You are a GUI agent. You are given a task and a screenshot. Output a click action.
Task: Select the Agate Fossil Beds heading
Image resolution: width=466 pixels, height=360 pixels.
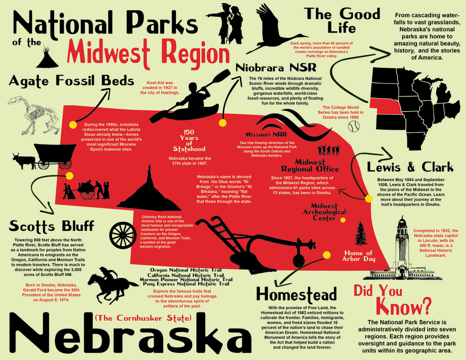pos(71,81)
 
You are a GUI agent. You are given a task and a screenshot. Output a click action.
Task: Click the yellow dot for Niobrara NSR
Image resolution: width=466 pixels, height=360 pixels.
pos(223,123)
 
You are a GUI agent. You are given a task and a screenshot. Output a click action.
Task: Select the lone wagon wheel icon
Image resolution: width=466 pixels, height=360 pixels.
pos(122,234)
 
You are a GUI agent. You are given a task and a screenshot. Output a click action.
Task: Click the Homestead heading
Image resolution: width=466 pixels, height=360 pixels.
pos(296,295)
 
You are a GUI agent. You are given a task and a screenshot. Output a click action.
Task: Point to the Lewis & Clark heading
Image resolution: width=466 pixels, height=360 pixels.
pos(410,167)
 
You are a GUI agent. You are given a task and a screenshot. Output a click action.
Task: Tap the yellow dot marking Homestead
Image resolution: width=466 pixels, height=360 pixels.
pos(327,255)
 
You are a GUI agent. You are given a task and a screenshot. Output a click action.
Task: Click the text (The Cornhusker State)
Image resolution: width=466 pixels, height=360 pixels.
pos(143,318)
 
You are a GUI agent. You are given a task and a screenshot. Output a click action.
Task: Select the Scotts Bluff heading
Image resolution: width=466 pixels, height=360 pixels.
pos(52,226)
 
